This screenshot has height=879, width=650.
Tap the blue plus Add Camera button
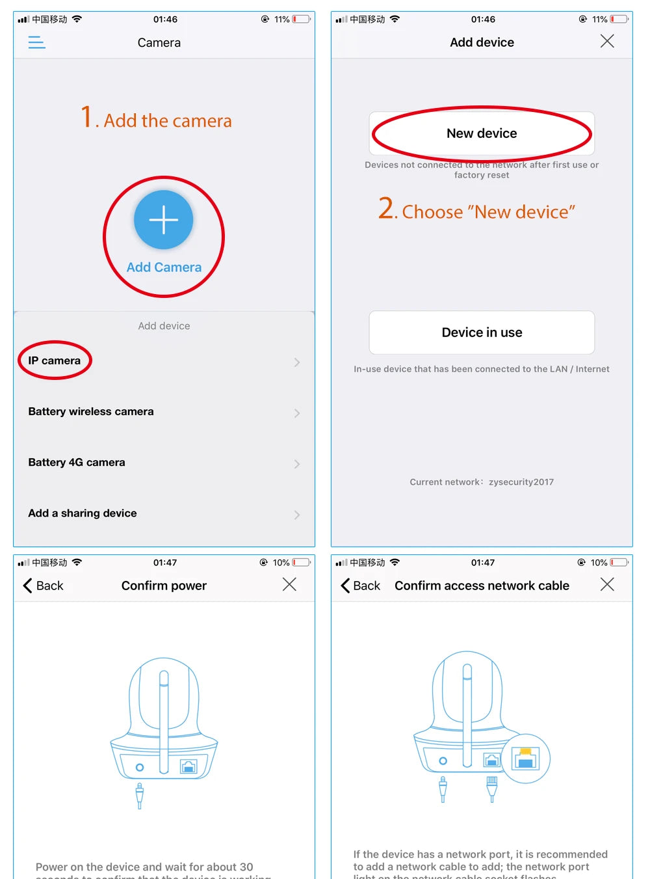(164, 220)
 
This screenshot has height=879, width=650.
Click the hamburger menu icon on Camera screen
(37, 43)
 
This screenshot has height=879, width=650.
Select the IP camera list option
(55, 361)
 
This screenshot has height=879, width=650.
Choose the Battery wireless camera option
(91, 412)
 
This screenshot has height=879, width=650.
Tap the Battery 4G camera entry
(77, 463)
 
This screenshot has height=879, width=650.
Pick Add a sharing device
(83, 513)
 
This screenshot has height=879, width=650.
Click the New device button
(482, 133)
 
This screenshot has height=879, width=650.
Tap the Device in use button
(482, 332)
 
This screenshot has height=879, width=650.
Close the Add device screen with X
(607, 42)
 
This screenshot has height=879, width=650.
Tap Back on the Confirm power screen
(44, 586)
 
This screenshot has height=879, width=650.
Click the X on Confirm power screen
(289, 585)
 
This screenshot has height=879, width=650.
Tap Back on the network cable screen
(361, 586)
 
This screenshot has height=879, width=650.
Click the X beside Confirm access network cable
(607, 585)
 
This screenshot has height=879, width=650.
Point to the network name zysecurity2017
(521, 482)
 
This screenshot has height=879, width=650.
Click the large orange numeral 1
(86, 118)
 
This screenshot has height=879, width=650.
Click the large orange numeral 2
(386, 209)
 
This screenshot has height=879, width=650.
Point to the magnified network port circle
(526, 759)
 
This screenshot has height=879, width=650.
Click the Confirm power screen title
(164, 586)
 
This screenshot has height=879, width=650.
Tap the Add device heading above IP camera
(164, 326)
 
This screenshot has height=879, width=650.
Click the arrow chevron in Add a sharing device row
(297, 515)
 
